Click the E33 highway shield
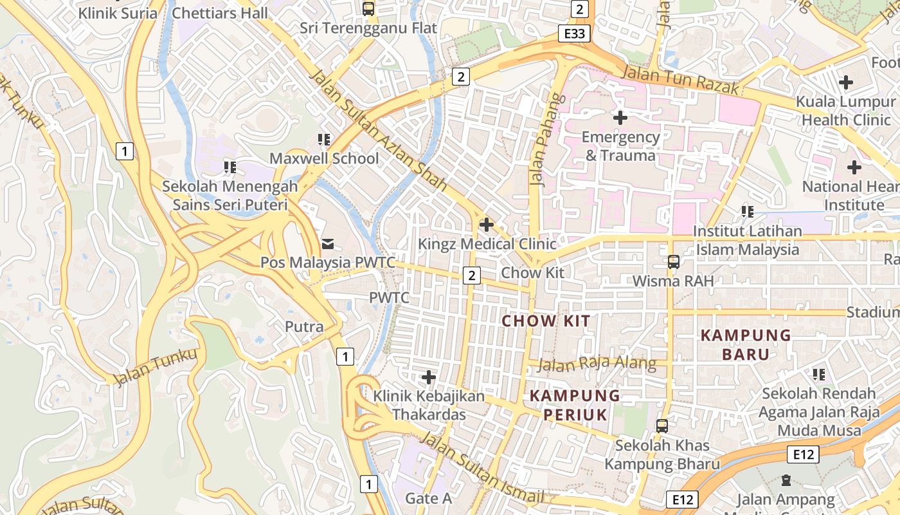coord(573,33)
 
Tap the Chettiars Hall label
coord(221,13)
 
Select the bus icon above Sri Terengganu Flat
coord(368,9)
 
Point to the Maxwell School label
coord(324,158)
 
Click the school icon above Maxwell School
coord(324,140)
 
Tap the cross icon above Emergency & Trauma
coord(620,118)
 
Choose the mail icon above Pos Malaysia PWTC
coord(328,243)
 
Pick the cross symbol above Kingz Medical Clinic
coord(487,225)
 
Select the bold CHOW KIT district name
coord(546,321)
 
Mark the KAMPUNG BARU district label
coord(746,344)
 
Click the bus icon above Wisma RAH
coord(673,262)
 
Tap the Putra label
coord(304,326)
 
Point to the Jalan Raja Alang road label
coord(597,364)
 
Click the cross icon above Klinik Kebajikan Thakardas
coord(429,377)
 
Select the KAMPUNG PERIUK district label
coord(575,405)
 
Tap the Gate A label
coord(428,498)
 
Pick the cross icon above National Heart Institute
coord(854,168)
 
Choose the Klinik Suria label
coord(118,13)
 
